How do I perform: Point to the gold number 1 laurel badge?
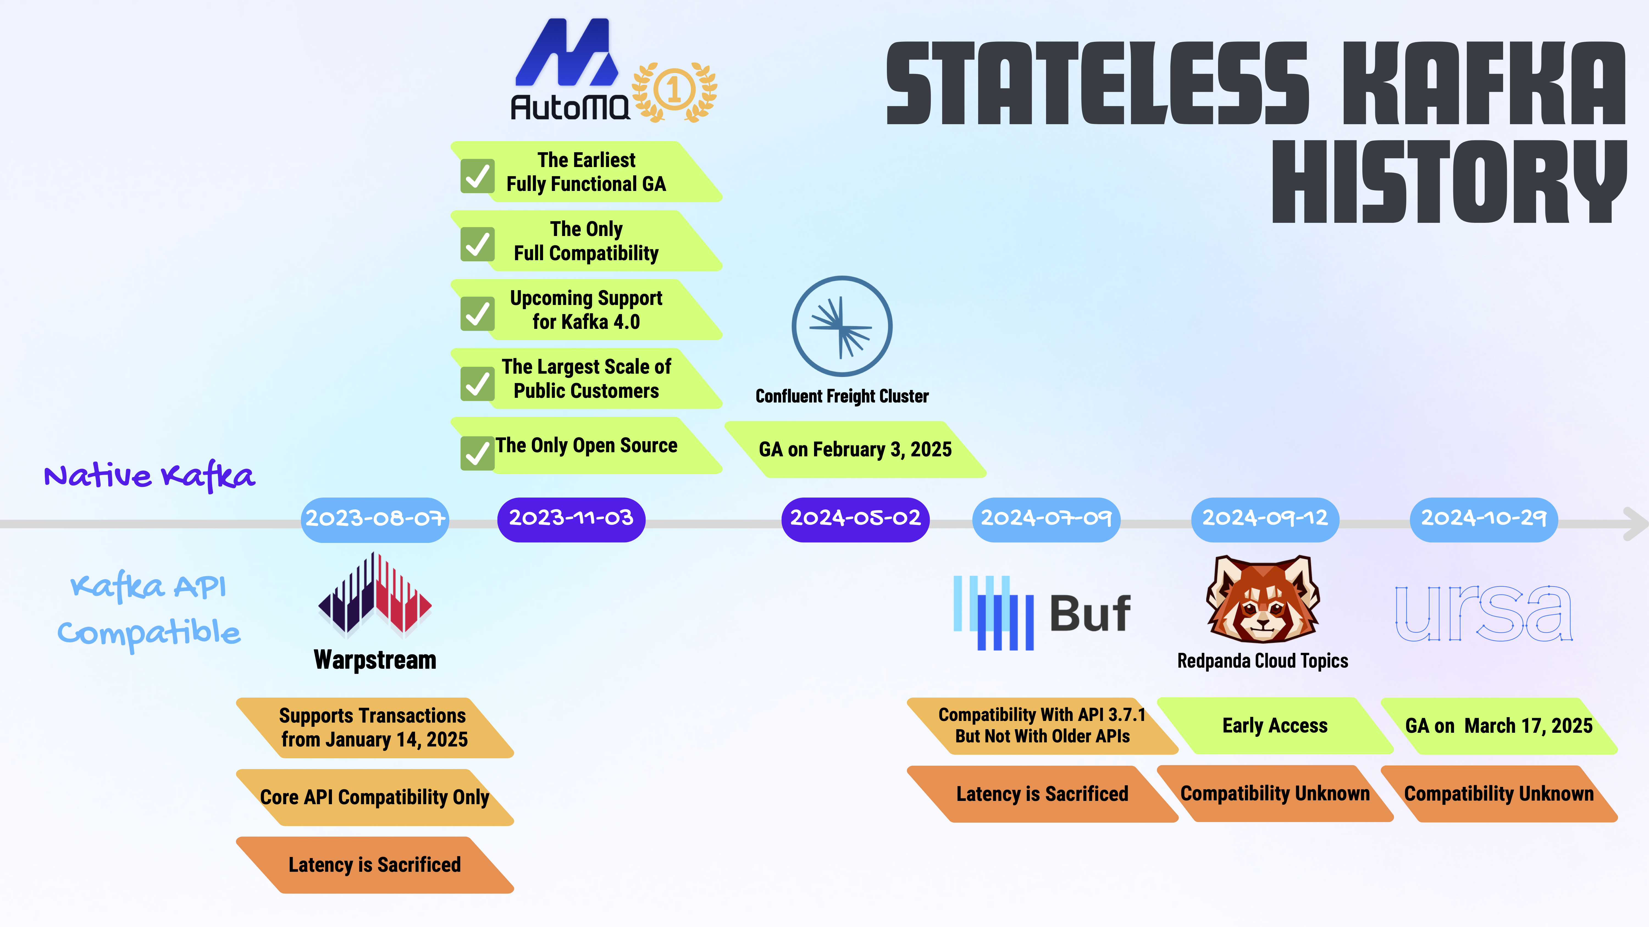[674, 91]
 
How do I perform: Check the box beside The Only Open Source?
[478, 453]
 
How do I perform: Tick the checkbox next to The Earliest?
[478, 176]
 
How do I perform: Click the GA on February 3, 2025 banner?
[855, 449]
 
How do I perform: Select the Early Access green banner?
[1275, 726]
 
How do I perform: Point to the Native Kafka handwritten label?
[149, 475]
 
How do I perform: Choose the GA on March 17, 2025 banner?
[1499, 726]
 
